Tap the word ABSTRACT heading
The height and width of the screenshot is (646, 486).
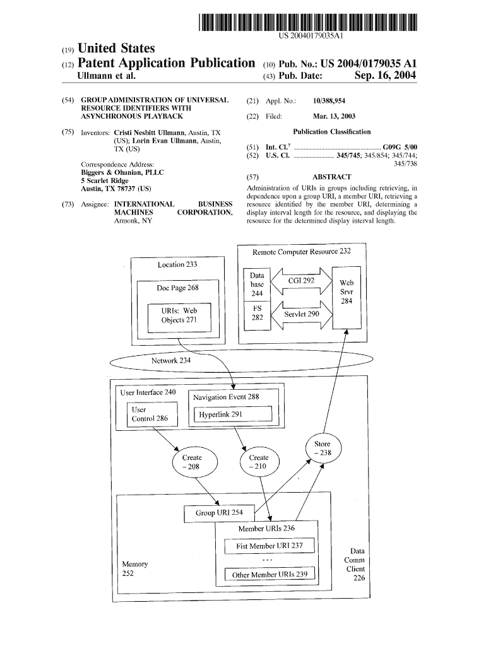tap(331, 177)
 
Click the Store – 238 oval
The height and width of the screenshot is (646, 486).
tap(323, 449)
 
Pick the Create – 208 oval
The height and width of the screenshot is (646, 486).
tap(193, 462)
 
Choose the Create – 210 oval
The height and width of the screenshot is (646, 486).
tap(259, 462)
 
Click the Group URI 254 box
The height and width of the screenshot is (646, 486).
tap(219, 514)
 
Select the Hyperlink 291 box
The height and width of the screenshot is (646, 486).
tap(235, 414)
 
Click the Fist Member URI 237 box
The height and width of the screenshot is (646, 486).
tap(270, 546)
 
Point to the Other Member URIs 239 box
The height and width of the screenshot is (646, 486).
tap(270, 575)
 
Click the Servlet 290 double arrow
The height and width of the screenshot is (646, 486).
tap(301, 314)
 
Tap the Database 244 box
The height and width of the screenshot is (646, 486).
tap(257, 285)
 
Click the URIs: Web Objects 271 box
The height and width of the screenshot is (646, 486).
tap(179, 315)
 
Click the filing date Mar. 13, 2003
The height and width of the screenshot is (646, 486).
tap(334, 116)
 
